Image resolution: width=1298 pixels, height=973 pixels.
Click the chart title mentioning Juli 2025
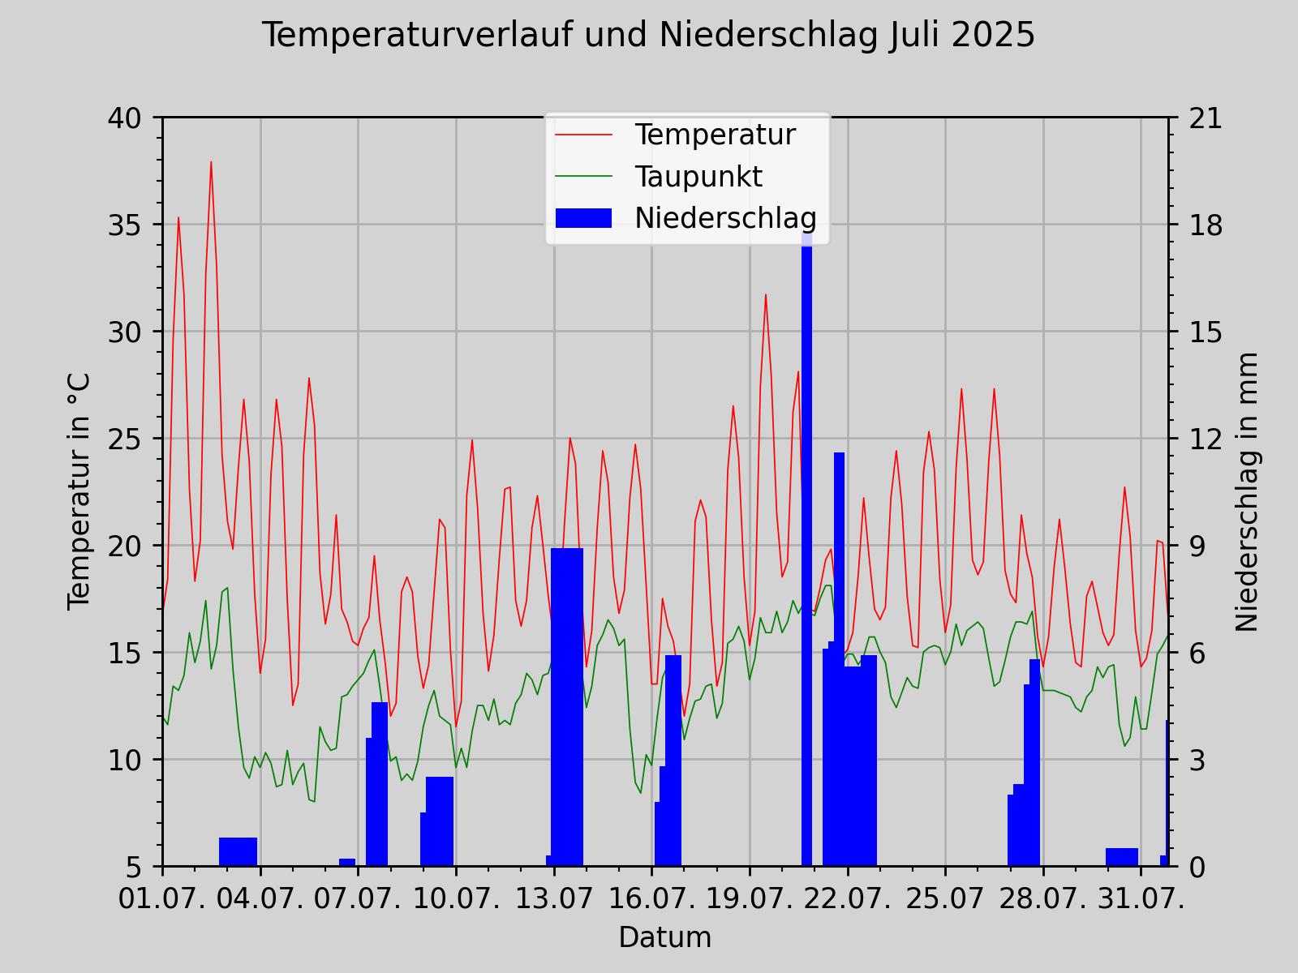point(648,36)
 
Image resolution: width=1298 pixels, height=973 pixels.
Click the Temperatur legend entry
point(715,135)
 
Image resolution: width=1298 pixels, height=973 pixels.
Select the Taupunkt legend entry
point(698,176)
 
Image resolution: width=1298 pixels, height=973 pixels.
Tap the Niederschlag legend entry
point(724,217)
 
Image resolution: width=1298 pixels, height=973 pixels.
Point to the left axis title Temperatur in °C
point(79,491)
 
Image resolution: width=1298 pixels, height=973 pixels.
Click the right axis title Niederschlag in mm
point(1247,491)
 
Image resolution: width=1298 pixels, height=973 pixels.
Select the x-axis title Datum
point(664,937)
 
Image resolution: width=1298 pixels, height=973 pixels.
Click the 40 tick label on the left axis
point(124,118)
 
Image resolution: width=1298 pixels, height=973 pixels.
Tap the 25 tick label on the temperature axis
point(124,439)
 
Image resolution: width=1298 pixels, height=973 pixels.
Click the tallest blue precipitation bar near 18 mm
point(806,551)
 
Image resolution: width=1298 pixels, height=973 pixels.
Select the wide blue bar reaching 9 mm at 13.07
point(567,705)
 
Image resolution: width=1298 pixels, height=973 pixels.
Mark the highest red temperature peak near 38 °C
point(211,163)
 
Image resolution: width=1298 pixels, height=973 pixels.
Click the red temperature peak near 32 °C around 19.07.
point(765,296)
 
